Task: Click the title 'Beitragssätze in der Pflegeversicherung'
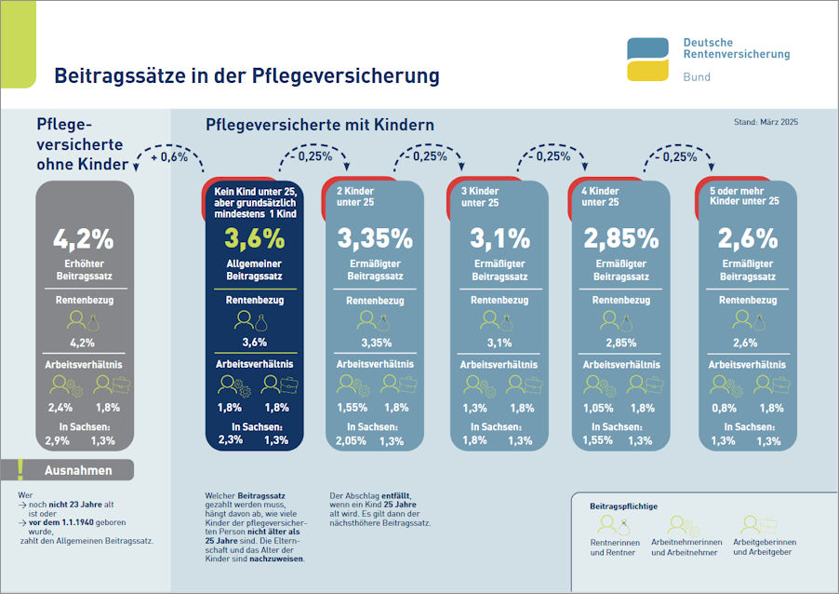click(246, 75)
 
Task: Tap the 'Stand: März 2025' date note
click(766, 122)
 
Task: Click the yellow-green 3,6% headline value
click(254, 238)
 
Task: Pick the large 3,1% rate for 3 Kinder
click(499, 238)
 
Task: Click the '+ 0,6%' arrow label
click(169, 157)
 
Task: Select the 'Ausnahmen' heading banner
click(78, 470)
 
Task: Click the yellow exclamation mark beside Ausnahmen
click(20, 470)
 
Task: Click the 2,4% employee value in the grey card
click(62, 407)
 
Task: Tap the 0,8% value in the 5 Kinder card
click(724, 407)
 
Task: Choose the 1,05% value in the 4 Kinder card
click(597, 407)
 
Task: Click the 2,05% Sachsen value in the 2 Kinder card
click(351, 440)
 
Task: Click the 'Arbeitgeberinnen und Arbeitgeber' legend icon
click(752, 525)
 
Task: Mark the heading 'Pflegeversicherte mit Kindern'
click(319, 124)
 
